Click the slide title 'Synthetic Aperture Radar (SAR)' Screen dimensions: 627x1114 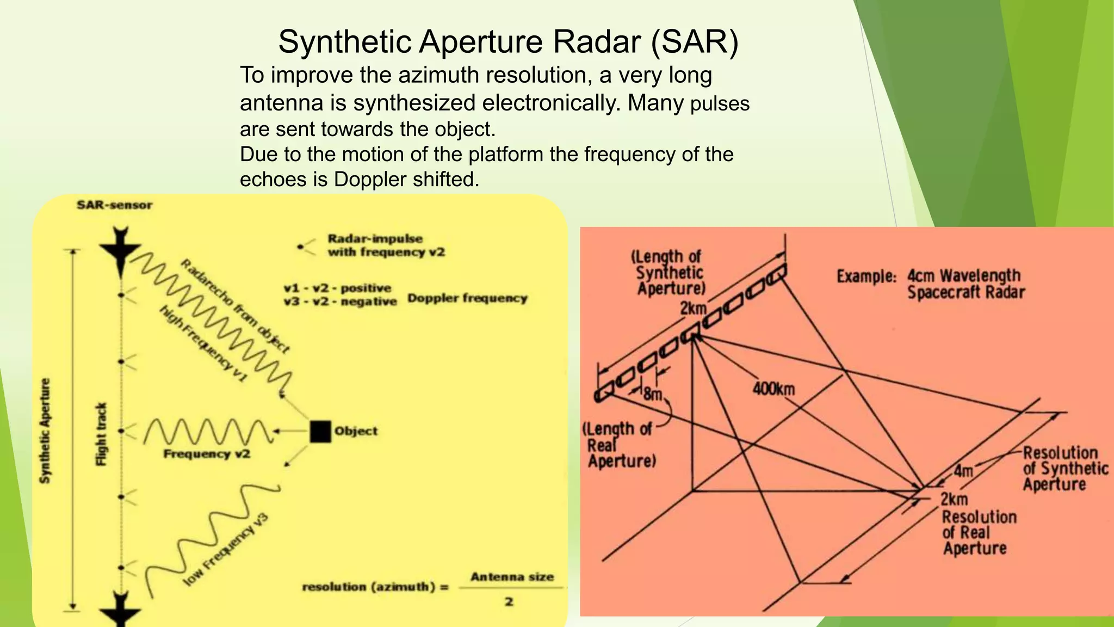pyautogui.click(x=508, y=41)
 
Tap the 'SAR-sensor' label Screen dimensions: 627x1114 pyautogui.click(x=114, y=205)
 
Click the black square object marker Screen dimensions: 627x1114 pyautogui.click(x=320, y=431)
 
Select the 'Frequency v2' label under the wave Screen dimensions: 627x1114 pyautogui.click(x=207, y=454)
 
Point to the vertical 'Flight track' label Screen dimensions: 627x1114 pyautogui.click(x=101, y=434)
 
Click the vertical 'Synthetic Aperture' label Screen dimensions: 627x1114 pyautogui.click(x=46, y=431)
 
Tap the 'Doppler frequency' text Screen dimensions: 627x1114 pyautogui.click(x=467, y=298)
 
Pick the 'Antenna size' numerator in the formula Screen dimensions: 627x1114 pyautogui.click(x=512, y=577)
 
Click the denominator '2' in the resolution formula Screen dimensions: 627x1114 pyautogui.click(x=509, y=602)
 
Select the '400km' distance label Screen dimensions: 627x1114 pyautogui.click(x=773, y=389)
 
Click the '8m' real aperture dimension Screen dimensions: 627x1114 pyautogui.click(x=652, y=393)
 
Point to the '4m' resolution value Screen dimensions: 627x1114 pyautogui.click(x=963, y=470)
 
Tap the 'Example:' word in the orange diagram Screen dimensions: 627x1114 pyautogui.click(x=866, y=276)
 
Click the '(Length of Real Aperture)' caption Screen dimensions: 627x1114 pyautogui.click(x=619, y=445)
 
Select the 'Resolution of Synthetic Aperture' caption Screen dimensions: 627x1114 pyautogui.click(x=1065, y=469)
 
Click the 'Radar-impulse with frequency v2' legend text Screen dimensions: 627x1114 pyautogui.click(x=386, y=245)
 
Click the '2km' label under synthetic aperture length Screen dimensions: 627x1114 pyautogui.click(x=692, y=308)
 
